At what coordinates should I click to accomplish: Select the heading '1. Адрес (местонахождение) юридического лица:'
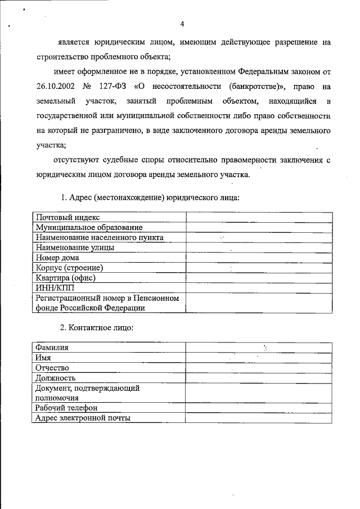150,197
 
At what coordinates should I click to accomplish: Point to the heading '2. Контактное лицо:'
97,327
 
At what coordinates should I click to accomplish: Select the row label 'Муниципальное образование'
88,228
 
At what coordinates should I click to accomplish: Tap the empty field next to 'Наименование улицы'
259,247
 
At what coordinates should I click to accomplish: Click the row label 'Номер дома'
57,258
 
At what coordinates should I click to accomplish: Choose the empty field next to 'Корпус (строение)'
259,268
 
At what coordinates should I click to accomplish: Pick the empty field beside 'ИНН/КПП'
259,288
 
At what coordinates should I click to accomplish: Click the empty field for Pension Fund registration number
259,303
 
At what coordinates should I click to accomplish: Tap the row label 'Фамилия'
52,348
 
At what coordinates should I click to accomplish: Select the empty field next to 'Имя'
259,358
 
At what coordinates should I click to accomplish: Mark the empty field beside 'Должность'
259,378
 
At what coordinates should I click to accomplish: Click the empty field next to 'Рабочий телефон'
259,408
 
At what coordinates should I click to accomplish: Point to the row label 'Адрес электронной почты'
83,418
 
